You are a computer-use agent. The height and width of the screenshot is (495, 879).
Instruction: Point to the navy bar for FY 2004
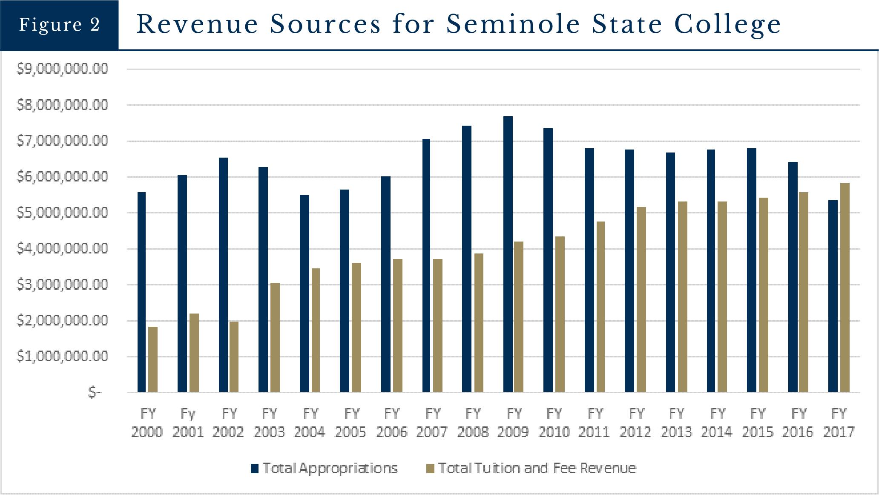(304, 294)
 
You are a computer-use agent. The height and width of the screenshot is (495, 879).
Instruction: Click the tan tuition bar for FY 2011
(600, 307)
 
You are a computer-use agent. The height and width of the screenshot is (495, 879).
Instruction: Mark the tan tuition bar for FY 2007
(438, 325)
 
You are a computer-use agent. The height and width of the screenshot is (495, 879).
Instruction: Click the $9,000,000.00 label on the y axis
(62, 69)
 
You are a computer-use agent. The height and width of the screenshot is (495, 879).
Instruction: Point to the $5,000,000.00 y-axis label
(62, 212)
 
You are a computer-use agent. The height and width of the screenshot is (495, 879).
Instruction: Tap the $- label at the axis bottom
(95, 392)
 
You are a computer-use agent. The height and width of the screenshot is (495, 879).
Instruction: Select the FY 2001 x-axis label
(188, 423)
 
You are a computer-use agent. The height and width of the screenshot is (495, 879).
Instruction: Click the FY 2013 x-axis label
(676, 423)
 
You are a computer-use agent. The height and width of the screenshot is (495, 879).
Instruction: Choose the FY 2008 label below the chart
(473, 423)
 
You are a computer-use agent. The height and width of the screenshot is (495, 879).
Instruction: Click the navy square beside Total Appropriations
(255, 469)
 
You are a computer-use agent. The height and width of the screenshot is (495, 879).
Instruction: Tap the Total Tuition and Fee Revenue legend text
(537, 468)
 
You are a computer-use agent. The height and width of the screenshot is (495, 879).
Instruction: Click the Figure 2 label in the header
(59, 25)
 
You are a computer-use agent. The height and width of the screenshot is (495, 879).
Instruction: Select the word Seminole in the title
(512, 24)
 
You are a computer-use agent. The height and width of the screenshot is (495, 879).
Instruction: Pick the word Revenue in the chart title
(197, 24)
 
